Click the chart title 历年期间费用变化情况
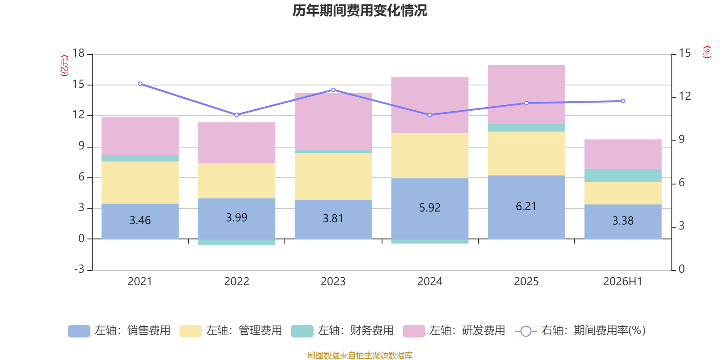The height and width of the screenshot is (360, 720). pyautogui.click(x=360, y=11)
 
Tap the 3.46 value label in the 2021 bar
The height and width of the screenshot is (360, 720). pyautogui.click(x=140, y=220)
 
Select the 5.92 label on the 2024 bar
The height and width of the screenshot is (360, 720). pyautogui.click(x=430, y=207)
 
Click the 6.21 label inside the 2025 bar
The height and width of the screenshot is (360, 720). pyautogui.click(x=526, y=207)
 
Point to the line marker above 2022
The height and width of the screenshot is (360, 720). pyautogui.click(x=237, y=115)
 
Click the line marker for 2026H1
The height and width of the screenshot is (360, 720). pyautogui.click(x=623, y=101)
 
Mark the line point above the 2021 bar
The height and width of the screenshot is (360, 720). pyautogui.click(x=140, y=84)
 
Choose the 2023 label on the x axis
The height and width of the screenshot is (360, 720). pyautogui.click(x=333, y=282)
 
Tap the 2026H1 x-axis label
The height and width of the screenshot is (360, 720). pyautogui.click(x=623, y=282)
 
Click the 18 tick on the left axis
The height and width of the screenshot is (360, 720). pyautogui.click(x=78, y=53)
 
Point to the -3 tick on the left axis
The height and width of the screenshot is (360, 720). pyautogui.click(x=79, y=269)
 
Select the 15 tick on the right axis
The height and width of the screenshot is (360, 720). pyautogui.click(x=684, y=53)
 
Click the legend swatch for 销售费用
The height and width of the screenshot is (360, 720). pyautogui.click(x=79, y=331)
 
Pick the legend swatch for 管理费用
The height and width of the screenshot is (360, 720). pyautogui.click(x=191, y=331)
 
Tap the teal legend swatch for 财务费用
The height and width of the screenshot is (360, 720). pyautogui.click(x=302, y=331)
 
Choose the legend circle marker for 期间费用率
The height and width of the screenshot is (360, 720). pyautogui.click(x=526, y=331)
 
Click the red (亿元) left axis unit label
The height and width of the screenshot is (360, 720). pyautogui.click(x=64, y=66)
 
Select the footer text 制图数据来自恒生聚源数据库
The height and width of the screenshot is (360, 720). pyautogui.click(x=360, y=355)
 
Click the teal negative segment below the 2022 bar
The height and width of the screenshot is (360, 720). pyautogui.click(x=237, y=242)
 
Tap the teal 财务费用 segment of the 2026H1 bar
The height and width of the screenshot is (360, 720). pyautogui.click(x=623, y=175)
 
